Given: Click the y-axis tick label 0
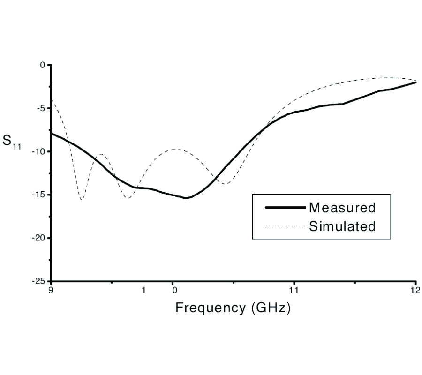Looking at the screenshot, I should point(42,65).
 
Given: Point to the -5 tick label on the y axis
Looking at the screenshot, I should point(40,108).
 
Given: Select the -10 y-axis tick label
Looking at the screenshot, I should point(38,151).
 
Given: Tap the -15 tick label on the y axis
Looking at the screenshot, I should point(38,195).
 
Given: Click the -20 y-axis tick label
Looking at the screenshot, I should point(38,238).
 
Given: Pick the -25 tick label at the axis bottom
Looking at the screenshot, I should point(38,281).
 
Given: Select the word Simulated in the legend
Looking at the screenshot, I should point(342,227).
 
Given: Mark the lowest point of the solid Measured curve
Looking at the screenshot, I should point(186,198).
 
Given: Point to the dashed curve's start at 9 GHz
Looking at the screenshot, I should point(52,99).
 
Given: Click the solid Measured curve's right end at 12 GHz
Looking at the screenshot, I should point(415,82).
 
